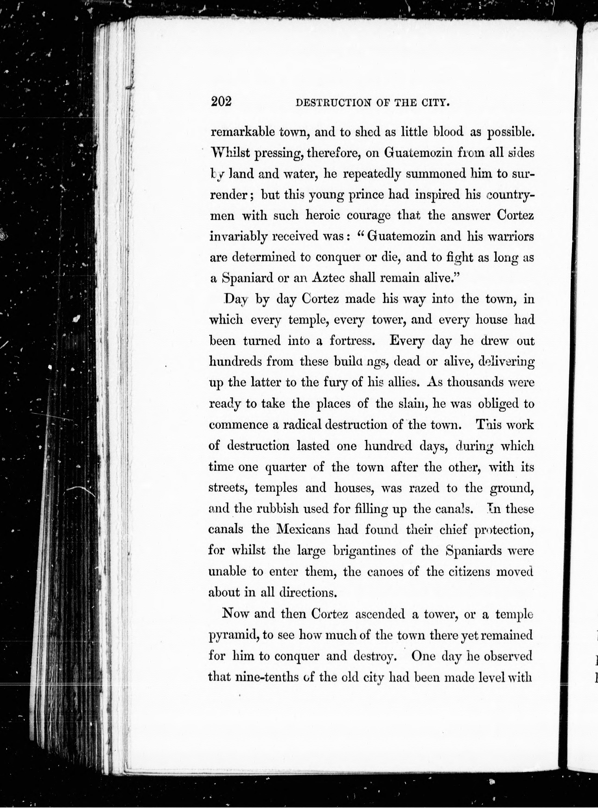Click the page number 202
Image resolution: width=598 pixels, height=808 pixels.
coord(221,102)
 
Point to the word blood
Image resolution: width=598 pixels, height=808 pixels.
coord(448,132)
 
